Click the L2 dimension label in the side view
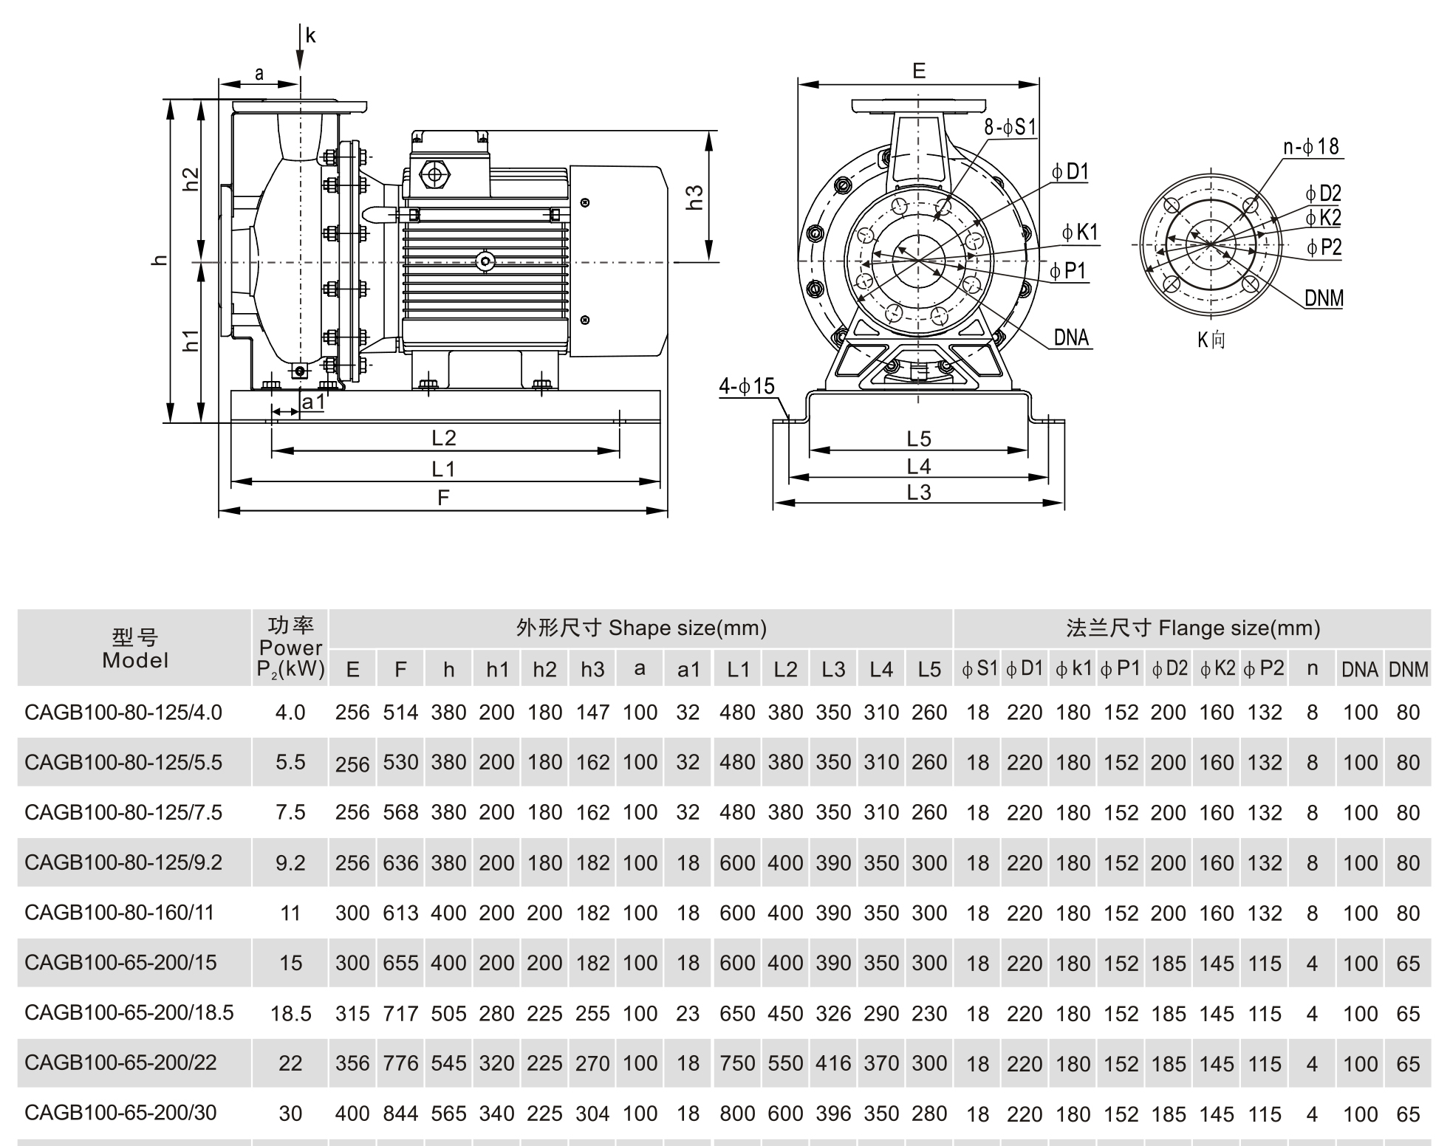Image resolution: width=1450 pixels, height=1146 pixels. pos(444,438)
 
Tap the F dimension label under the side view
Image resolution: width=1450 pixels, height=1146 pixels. pos(443,498)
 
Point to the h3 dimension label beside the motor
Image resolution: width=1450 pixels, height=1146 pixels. pos(695,197)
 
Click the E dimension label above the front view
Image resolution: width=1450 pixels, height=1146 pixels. pos(918,71)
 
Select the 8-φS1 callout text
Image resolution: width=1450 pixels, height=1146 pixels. pos(1010,127)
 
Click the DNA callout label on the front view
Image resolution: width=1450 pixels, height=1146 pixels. pos(1071,337)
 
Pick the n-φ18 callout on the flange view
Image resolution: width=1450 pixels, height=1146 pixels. pos(1311,146)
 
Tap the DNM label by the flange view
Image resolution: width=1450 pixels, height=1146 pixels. pos(1324,298)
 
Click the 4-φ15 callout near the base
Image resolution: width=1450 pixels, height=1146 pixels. pos(747,386)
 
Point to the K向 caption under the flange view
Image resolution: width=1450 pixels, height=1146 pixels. pos(1211,340)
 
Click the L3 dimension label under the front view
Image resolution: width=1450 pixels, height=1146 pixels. pos(918,493)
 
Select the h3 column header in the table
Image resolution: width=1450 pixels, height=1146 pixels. pos(592,669)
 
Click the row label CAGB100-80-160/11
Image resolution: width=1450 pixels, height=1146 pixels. pos(119,913)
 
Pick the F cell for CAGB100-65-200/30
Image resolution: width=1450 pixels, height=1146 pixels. pos(400,1113)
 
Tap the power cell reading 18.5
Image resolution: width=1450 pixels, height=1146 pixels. pos(290,1013)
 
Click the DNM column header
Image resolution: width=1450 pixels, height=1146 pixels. pos(1408,669)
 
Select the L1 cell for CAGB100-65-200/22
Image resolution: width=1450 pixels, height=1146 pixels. pos(737,1063)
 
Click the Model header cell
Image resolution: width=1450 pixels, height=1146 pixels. pos(135,648)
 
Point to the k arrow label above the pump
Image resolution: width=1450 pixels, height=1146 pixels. pos(310,35)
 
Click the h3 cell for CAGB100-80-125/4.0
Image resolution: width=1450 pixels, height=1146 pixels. pos(592,713)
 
